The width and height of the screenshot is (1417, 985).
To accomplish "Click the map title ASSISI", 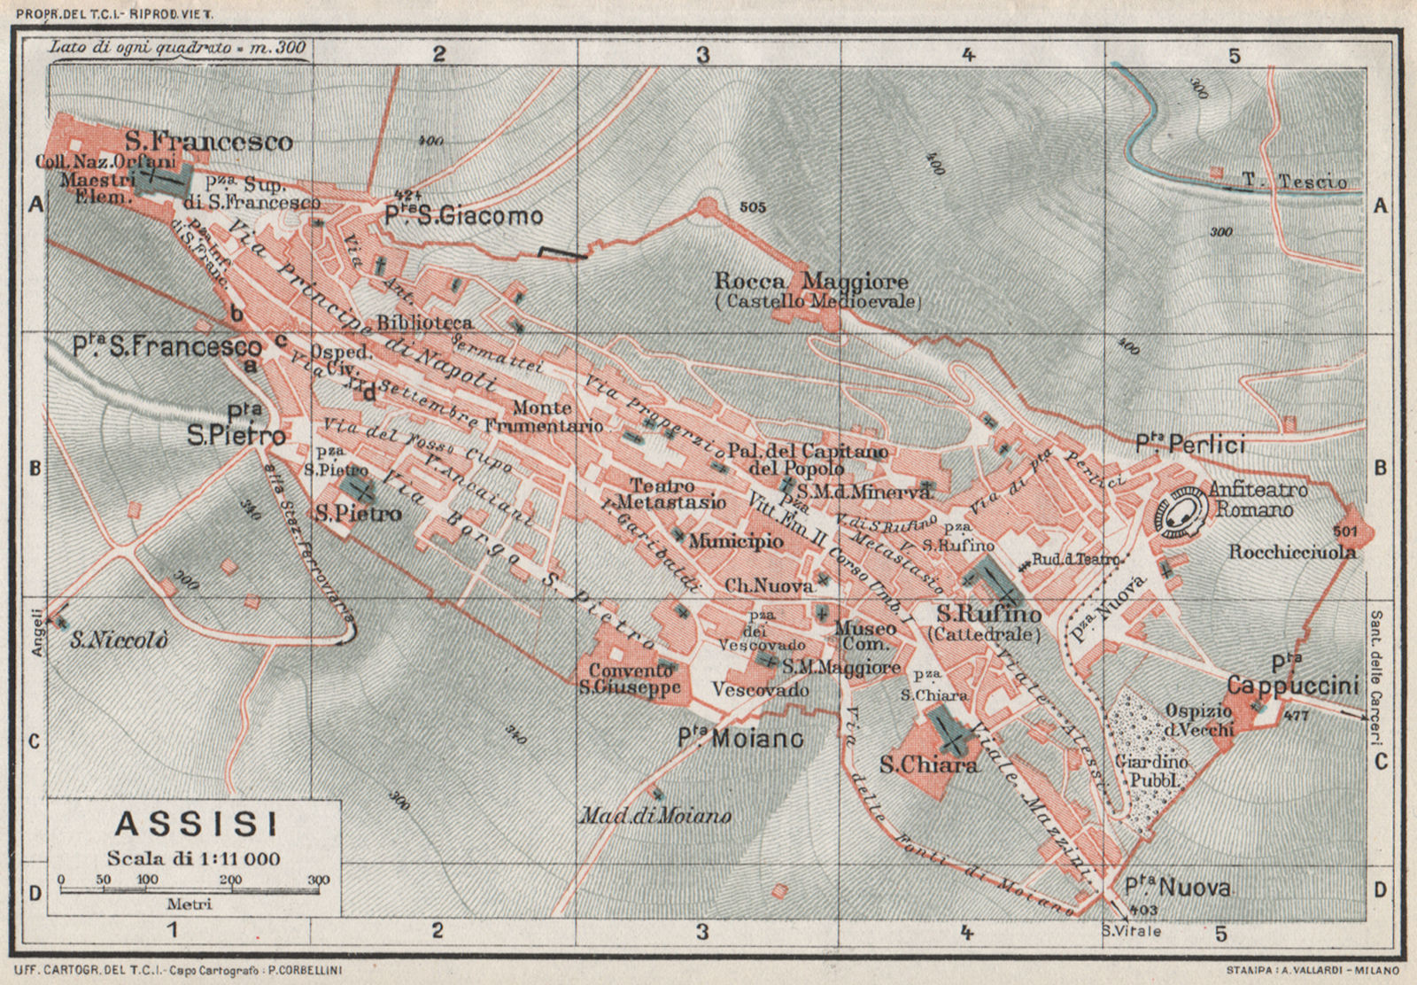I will [x=196, y=825].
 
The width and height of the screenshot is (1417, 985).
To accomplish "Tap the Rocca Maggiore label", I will [x=811, y=283].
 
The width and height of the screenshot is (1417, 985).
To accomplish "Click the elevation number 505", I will [x=751, y=207].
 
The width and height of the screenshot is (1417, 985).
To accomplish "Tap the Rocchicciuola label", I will [x=1292, y=552].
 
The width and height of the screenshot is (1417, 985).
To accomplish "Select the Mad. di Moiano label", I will [x=655, y=816].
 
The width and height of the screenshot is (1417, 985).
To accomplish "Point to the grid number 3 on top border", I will [x=702, y=55].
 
